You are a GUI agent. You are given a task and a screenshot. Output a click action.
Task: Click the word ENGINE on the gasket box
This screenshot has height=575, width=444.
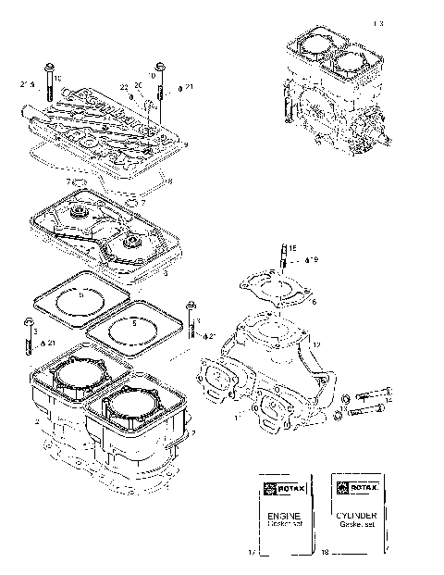click(278, 511)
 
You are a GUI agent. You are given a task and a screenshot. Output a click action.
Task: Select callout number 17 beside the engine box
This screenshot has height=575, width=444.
click(251, 552)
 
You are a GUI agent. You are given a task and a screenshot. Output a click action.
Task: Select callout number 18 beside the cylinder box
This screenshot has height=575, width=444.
click(325, 552)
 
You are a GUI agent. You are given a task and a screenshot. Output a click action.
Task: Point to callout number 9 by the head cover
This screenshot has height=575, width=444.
click(186, 145)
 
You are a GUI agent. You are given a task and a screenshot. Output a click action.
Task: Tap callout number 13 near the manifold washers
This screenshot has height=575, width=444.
click(343, 408)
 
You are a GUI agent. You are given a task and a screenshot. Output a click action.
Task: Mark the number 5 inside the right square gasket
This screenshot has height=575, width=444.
click(133, 325)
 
